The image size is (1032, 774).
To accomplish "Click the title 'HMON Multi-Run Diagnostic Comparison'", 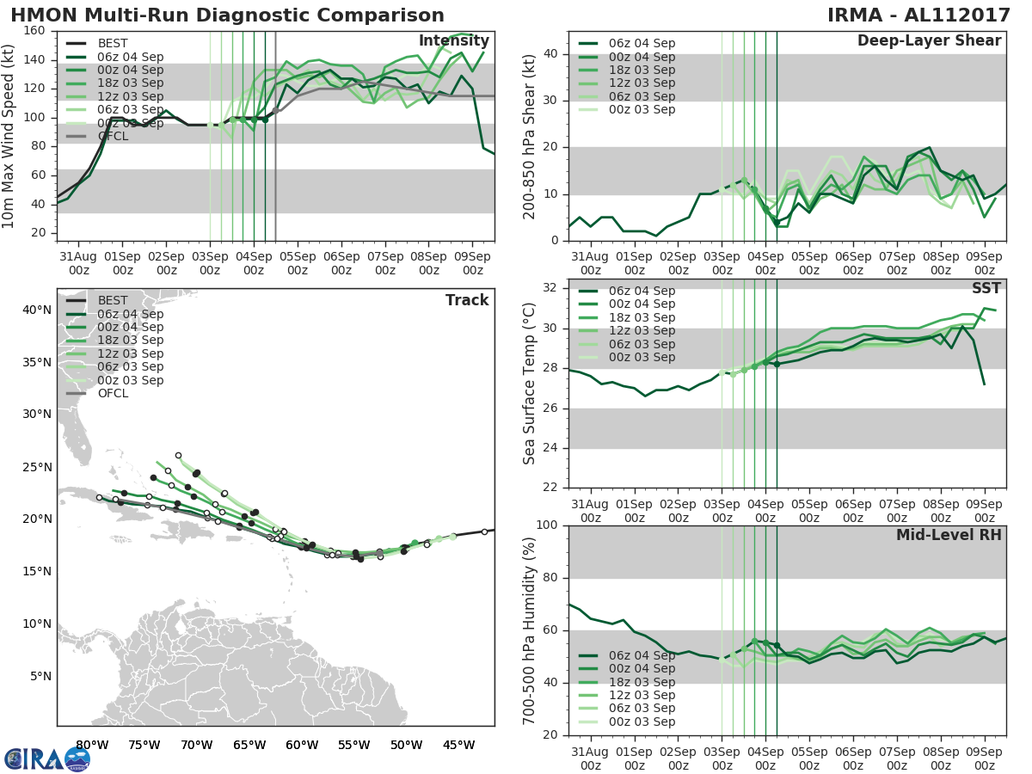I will tap(227, 15).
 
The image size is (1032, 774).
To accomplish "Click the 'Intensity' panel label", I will tap(453, 41).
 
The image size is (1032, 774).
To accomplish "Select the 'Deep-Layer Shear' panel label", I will tap(929, 41).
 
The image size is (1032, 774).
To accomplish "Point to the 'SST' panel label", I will tap(986, 289).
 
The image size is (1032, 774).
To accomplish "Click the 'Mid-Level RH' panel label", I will tap(949, 536).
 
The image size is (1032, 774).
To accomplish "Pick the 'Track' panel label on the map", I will tap(467, 300).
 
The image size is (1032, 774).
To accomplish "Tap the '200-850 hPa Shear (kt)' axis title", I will tap(531, 136).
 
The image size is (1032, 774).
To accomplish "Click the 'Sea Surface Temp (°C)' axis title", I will tap(531, 384).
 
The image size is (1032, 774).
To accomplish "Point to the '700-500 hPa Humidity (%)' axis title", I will tap(531, 630).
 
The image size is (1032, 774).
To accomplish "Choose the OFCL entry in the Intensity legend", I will tap(113, 136).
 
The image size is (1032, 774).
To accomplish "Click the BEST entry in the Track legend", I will tap(113, 300).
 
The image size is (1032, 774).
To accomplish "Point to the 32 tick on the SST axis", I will tap(550, 288).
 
